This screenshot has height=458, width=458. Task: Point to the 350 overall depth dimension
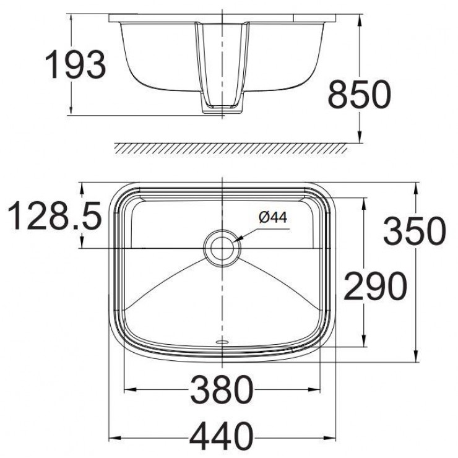pyautogui.click(x=414, y=231)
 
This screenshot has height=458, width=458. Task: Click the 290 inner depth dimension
pyautogui.click(x=375, y=285)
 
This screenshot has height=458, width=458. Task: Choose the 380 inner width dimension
pyautogui.click(x=222, y=390)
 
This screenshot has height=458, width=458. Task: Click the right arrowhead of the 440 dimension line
pyautogui.click(x=332, y=435)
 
